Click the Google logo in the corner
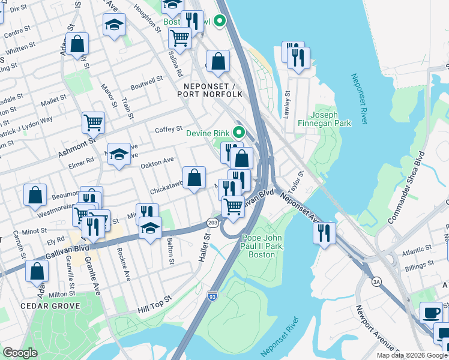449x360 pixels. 20,353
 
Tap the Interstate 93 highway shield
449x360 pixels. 212,296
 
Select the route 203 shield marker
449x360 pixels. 212,222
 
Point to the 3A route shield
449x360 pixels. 377,280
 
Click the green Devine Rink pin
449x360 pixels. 239,133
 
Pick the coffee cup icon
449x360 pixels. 431,313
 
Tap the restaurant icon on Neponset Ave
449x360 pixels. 325,232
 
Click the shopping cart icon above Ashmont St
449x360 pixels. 93,123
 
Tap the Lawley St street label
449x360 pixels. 287,104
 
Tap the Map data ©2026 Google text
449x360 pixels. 411,355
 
